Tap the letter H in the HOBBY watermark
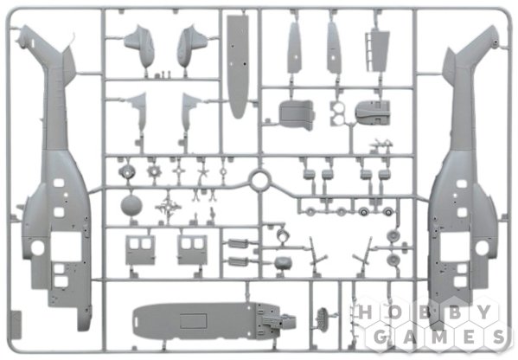click(365, 312)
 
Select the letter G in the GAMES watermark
click(381, 337)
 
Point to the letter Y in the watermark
click(484, 312)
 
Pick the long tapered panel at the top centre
click(237, 66)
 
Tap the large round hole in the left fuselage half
click(37, 247)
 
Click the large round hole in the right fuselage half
click(482, 247)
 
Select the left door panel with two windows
click(140, 250)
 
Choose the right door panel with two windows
click(192, 250)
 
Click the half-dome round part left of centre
click(131, 205)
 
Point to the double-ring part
click(337, 113)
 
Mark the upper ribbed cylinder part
click(237, 244)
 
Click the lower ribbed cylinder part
click(237, 261)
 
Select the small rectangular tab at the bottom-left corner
click(16, 325)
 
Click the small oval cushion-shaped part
click(283, 263)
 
